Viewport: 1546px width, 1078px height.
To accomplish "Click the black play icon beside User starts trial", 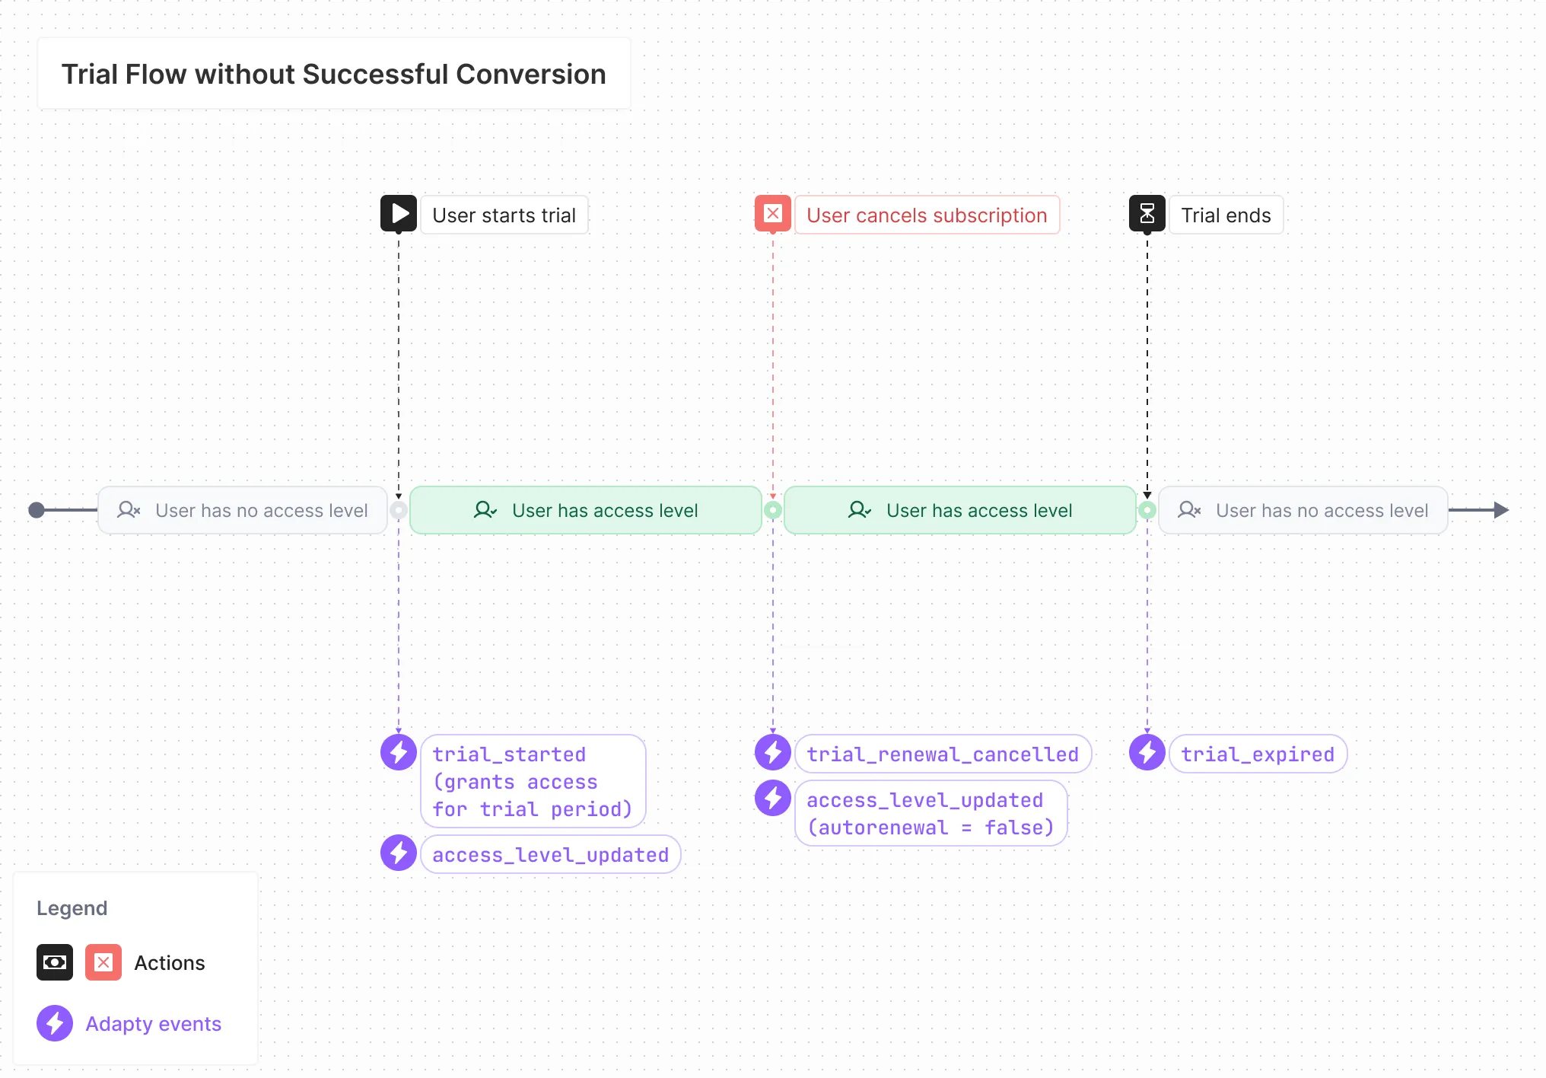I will pyautogui.click(x=398, y=214).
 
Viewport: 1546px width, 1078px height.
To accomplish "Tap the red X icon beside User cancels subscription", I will pyautogui.click(x=772, y=214).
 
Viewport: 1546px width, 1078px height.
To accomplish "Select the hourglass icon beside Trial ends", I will pyautogui.click(x=1147, y=214).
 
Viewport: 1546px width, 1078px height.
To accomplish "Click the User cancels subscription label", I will pyautogui.click(x=927, y=215).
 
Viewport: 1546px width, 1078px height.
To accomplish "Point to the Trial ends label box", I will pyautogui.click(x=1226, y=215).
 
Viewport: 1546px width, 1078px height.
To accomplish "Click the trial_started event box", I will pyautogui.click(x=533, y=781).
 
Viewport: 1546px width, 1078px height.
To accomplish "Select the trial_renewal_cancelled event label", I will pyautogui.click(x=943, y=754).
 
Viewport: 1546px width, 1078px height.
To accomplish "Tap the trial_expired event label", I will pyautogui.click(x=1258, y=754).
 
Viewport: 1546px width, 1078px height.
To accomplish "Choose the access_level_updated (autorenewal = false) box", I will pyautogui.click(x=930, y=814).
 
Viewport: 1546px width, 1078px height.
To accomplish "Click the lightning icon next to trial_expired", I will pyautogui.click(x=1147, y=753).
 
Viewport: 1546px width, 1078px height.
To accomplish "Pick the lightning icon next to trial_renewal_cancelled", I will pyautogui.click(x=772, y=753).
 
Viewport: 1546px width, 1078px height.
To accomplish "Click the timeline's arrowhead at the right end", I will pyautogui.click(x=1500, y=510).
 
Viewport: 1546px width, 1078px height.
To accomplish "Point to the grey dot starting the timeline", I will pyautogui.click(x=36, y=510).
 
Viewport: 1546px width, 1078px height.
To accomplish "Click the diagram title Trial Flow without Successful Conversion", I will pyautogui.click(x=333, y=74).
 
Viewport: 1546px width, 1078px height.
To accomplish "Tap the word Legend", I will pyautogui.click(x=72, y=908).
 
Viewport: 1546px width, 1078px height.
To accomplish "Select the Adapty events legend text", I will pyautogui.click(x=153, y=1024).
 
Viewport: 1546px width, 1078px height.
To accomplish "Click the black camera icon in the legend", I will pyautogui.click(x=55, y=962).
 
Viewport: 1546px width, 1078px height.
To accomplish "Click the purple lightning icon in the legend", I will pyautogui.click(x=55, y=1023).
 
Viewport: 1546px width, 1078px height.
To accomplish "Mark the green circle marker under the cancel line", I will pyautogui.click(x=772, y=510).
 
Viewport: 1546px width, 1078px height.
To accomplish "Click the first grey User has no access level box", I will pyautogui.click(x=243, y=510).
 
